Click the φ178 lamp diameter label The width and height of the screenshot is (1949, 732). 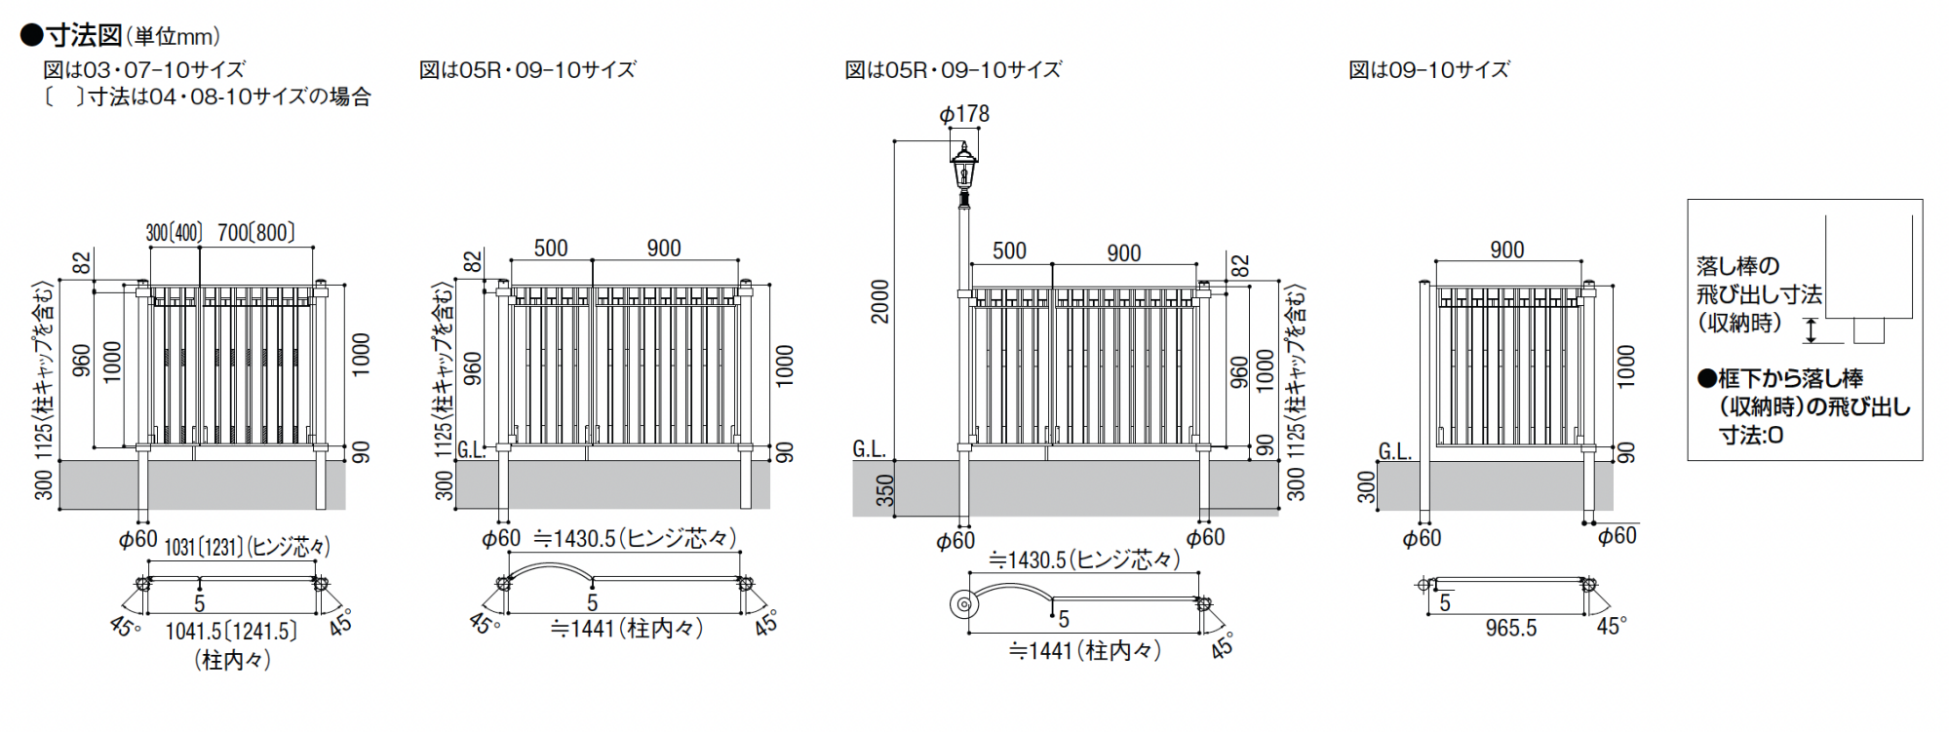point(964,115)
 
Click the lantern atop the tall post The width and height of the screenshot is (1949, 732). point(964,170)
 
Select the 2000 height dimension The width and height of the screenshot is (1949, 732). point(880,301)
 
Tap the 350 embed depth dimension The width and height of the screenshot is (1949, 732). point(884,490)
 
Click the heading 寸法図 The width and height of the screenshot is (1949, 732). point(84,35)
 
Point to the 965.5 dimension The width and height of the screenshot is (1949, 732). point(1510,629)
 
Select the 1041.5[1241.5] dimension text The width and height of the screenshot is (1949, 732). point(231,632)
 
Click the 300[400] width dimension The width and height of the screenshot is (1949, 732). point(174,233)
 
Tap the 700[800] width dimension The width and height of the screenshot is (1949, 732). point(255,233)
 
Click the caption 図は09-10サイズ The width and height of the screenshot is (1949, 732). point(1428,70)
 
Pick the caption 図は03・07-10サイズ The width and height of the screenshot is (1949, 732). point(144,70)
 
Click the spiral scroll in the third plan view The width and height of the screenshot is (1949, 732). point(963,604)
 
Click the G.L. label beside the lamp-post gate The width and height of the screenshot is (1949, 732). point(870,449)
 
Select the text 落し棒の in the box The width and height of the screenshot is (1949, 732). point(1738,266)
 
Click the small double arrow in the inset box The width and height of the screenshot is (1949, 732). point(1812,331)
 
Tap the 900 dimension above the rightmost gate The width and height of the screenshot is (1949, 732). point(1506,250)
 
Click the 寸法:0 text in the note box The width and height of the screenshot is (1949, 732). point(1751,436)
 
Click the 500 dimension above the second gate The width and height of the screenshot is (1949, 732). point(550,249)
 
